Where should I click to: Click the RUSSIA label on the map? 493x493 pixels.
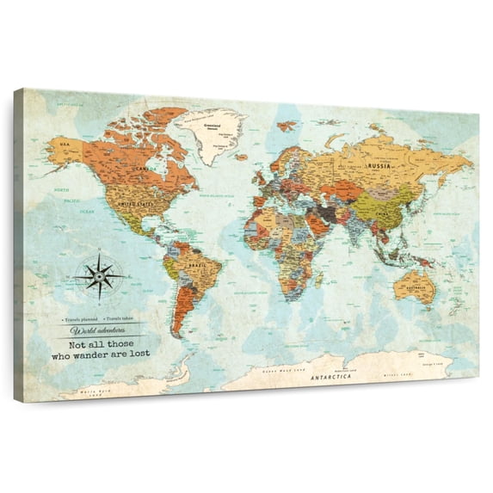click(379, 164)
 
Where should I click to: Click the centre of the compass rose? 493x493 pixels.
click(101, 274)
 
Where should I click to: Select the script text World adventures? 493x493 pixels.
click(101, 330)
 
